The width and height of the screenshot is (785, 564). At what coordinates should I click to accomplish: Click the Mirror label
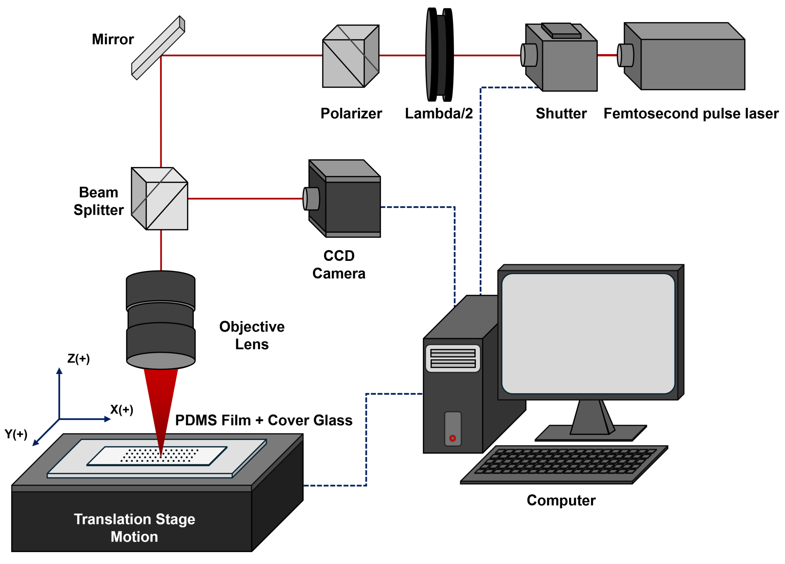113,39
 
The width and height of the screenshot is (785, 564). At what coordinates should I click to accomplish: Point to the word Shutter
561,113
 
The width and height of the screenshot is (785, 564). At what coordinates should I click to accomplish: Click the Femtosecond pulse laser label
691,113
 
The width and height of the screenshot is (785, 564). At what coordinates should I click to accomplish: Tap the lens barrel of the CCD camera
311,199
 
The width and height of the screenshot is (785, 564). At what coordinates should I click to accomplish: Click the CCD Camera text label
339,265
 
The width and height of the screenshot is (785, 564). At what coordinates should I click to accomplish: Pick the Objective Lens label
252,335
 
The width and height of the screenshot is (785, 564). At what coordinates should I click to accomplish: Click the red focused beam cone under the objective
161,401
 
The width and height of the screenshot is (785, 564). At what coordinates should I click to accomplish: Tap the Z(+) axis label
78,359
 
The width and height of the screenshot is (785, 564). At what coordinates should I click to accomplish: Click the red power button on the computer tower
453,438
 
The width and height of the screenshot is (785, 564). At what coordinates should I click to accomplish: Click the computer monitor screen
588,334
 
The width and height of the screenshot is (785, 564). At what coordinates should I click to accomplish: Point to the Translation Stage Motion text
134,528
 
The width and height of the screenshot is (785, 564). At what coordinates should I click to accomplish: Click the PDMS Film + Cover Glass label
264,420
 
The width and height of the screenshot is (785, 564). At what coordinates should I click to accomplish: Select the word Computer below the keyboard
561,500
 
